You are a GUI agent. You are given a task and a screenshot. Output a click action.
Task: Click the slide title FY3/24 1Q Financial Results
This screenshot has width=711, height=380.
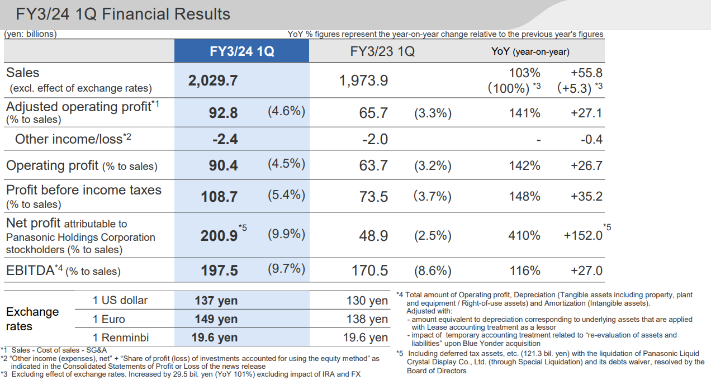pyautogui.click(x=123, y=14)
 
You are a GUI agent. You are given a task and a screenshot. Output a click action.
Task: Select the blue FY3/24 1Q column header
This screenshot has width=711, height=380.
pyautogui.click(x=241, y=51)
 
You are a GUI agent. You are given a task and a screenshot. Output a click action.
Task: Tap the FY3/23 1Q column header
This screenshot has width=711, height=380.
pyautogui.click(x=382, y=51)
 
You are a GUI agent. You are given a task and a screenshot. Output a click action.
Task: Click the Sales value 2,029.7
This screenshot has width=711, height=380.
pyautogui.click(x=213, y=80)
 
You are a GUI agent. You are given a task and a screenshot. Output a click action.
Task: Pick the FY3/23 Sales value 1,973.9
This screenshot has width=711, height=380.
pyautogui.click(x=363, y=80)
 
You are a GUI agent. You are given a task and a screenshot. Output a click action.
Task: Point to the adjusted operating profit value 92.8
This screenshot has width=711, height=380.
pyautogui.click(x=223, y=113)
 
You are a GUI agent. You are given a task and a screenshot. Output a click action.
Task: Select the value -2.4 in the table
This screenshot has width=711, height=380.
pyautogui.click(x=225, y=139)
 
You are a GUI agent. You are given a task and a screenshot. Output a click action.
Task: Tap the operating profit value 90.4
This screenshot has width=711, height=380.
pyautogui.click(x=223, y=166)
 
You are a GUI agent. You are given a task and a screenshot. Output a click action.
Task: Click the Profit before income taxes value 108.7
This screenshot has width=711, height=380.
pyautogui.click(x=219, y=197)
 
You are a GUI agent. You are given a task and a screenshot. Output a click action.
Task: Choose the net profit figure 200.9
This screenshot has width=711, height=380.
pyautogui.click(x=219, y=236)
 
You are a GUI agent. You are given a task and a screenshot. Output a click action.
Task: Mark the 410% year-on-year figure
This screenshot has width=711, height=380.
pyautogui.click(x=524, y=236)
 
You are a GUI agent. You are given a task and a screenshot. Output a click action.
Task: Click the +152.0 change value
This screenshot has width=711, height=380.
pyautogui.click(x=583, y=236)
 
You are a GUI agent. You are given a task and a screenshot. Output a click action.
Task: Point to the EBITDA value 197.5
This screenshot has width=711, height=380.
pyautogui.click(x=219, y=271)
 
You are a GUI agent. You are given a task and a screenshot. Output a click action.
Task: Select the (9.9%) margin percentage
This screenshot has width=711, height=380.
pyautogui.click(x=286, y=234)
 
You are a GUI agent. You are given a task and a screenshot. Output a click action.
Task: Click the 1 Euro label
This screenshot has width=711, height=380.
pyautogui.click(x=109, y=319)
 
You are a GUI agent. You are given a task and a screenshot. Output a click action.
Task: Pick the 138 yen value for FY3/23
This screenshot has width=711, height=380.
pyautogui.click(x=367, y=319)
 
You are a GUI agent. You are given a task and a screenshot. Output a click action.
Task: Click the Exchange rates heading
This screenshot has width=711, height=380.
pyautogui.click(x=32, y=319)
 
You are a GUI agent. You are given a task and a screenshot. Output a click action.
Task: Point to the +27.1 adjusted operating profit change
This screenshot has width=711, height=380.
pyautogui.click(x=586, y=113)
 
